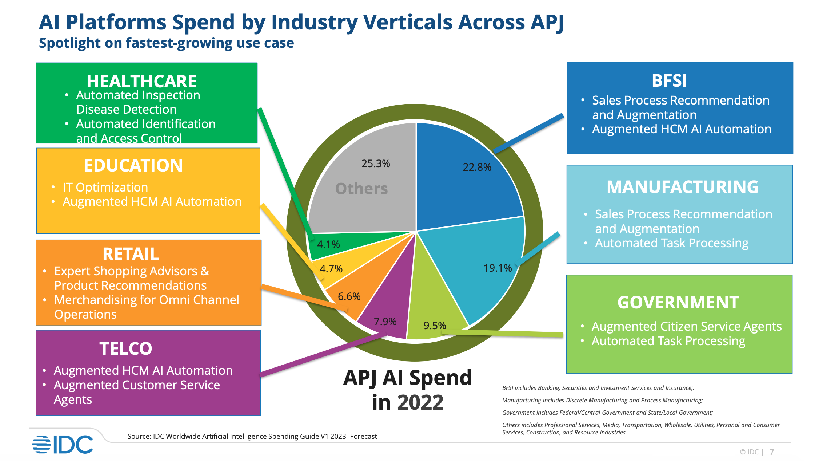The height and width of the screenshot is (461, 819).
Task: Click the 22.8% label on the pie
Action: coord(477,167)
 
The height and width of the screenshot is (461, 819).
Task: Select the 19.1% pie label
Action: coord(498,268)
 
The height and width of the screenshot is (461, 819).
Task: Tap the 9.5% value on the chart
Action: coord(435,325)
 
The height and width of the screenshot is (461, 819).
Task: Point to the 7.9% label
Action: coord(385,322)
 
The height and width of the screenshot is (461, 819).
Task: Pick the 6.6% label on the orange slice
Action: coord(349,296)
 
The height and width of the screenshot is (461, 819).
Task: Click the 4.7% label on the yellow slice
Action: coord(331,269)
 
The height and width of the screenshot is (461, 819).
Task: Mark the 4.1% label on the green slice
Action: coord(328,244)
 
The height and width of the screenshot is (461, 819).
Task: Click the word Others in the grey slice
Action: coord(361,189)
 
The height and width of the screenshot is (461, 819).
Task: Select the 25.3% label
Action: coord(376,163)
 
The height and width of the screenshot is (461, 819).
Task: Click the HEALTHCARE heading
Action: coord(141,81)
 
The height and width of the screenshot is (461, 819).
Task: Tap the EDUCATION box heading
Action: coord(133,165)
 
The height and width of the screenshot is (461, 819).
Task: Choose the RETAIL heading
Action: coord(131,254)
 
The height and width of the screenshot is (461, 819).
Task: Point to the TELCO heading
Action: coord(126,348)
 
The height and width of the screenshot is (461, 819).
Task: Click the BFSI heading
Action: coord(669,80)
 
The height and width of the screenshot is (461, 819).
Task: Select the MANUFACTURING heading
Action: coord(683,187)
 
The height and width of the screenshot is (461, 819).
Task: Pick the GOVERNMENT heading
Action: coord(678,302)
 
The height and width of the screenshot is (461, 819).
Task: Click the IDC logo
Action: coord(63,444)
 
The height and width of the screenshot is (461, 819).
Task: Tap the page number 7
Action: coord(772,452)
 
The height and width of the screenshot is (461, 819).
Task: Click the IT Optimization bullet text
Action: coord(105,187)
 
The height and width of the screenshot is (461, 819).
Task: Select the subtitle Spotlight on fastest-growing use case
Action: coord(166,43)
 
